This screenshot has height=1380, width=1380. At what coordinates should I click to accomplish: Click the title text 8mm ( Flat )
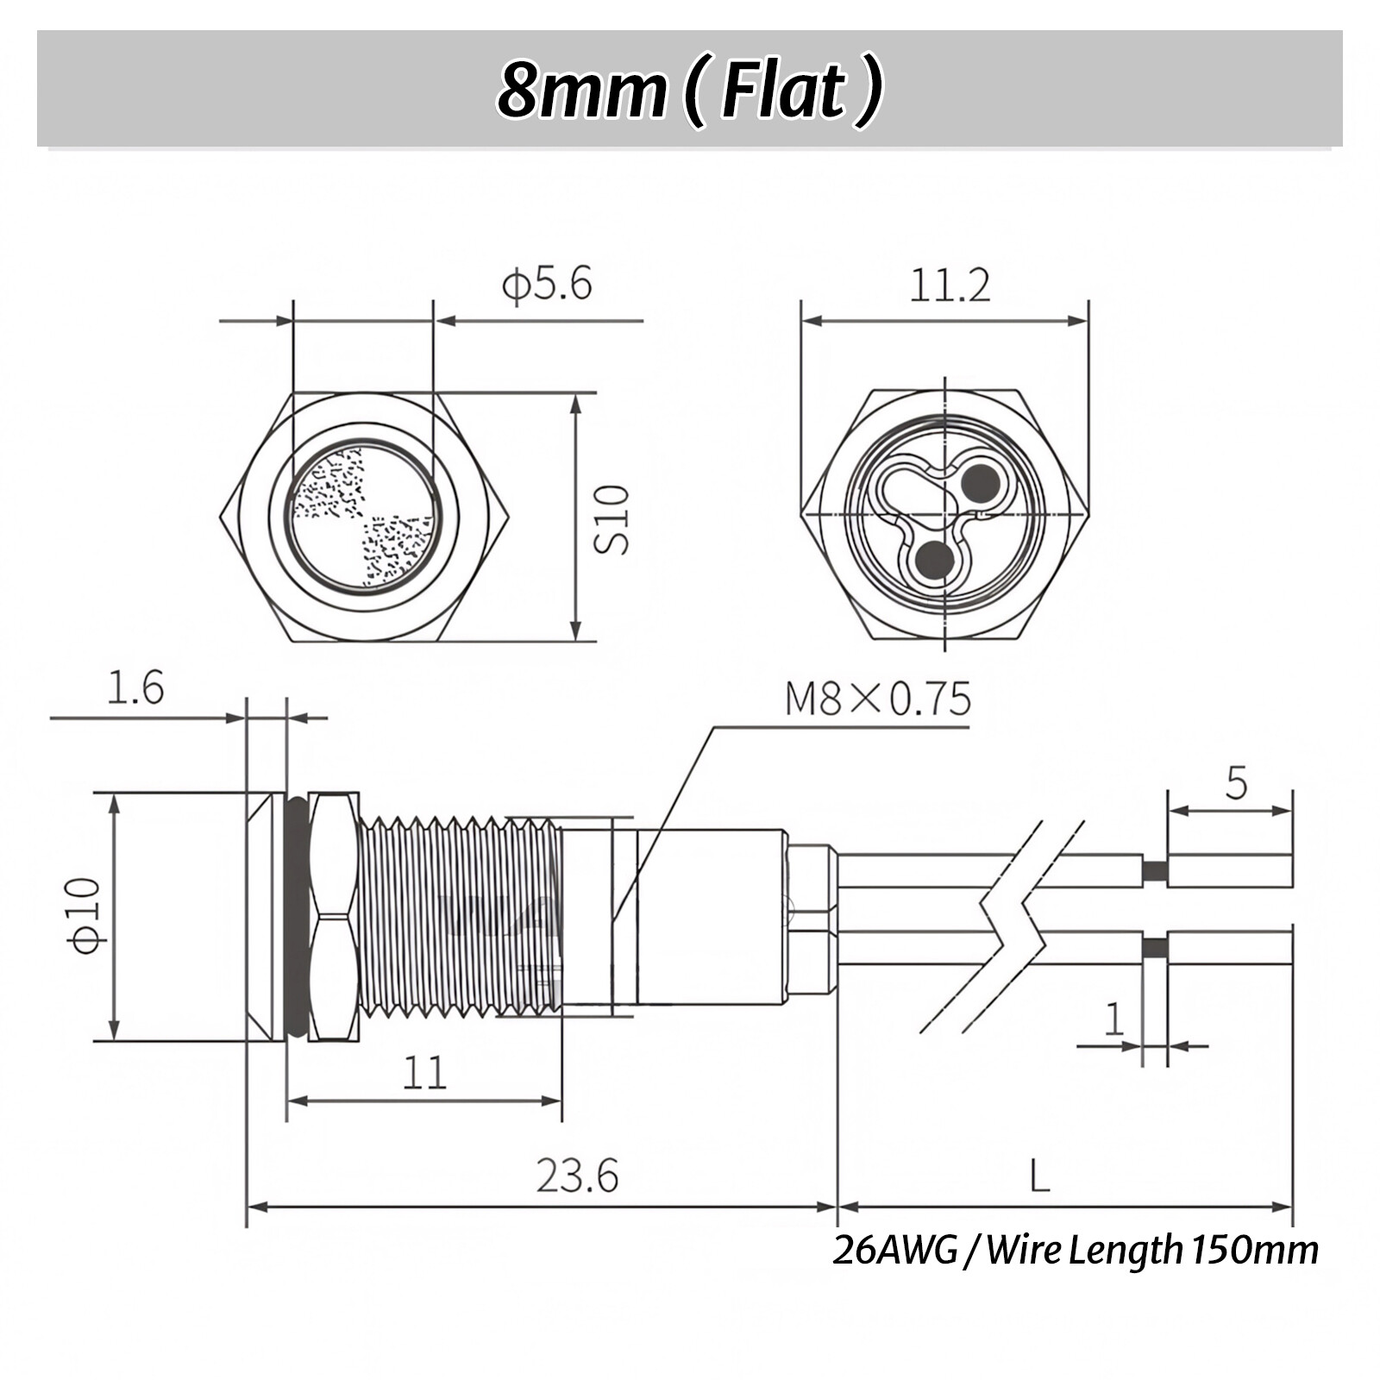pos(690,90)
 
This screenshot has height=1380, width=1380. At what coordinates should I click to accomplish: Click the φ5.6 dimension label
pos(547,284)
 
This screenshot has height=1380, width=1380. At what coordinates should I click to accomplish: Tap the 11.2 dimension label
pos(950,285)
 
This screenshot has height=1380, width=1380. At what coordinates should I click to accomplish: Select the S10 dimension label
pos(612,519)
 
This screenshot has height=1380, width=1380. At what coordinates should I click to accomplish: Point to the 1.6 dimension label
pos(135,688)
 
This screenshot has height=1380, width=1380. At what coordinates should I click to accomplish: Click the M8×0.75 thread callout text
pos(877,699)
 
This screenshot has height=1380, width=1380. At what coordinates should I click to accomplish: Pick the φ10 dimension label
pos(85,915)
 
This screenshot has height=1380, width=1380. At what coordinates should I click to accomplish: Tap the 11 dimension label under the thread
pos(424,1073)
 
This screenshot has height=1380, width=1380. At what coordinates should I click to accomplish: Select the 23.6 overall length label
pos(577,1176)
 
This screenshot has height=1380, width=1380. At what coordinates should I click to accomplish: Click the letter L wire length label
pos(1040,1176)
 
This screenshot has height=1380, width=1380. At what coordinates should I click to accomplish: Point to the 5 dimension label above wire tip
pos(1236,782)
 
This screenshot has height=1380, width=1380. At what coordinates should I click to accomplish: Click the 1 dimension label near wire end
pos(1114,1019)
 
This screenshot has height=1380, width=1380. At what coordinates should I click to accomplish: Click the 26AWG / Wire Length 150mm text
pos(1075,1250)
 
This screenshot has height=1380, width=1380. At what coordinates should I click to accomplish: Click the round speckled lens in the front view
pos(364,517)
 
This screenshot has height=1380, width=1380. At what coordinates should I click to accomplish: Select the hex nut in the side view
pos(333,916)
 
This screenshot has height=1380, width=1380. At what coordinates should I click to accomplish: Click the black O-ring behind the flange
pos(296,916)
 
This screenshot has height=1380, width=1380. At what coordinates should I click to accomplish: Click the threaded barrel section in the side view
pos(457,916)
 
